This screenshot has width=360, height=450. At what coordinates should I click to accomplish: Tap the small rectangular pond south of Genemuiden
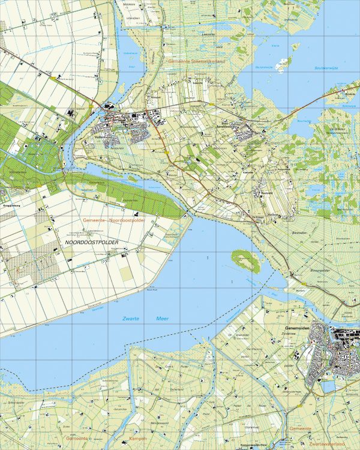coord(329,386)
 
